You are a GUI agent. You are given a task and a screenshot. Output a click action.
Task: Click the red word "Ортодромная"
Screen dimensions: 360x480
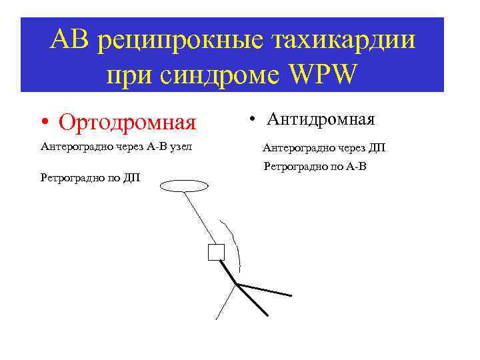pyautogui.click(x=127, y=123)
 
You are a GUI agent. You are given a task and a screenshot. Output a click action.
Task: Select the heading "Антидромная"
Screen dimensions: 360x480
pyautogui.click(x=321, y=119)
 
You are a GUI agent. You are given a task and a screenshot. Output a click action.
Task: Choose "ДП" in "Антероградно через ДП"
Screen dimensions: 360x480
pyautogui.click(x=376, y=148)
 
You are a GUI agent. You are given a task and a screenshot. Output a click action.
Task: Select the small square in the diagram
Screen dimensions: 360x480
pyautogui.click(x=216, y=253)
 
